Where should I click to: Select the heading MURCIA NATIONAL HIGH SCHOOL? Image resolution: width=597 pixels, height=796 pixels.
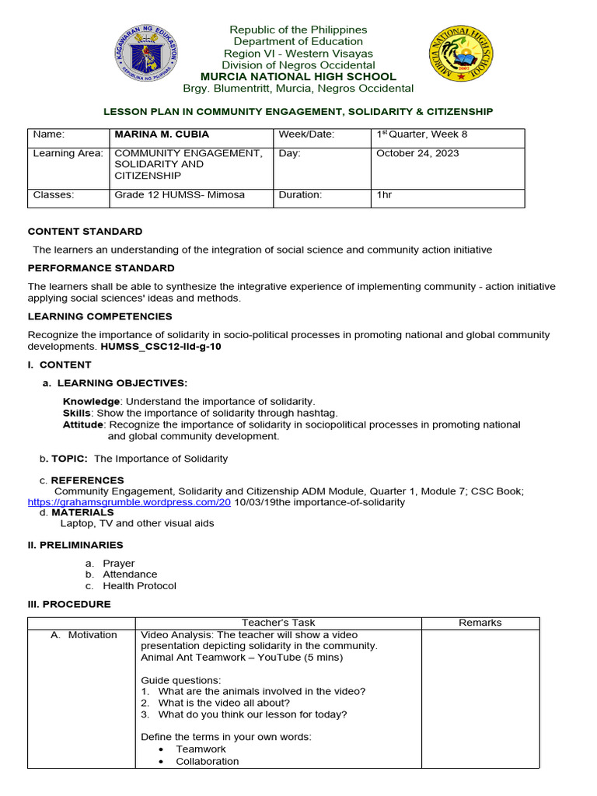click(x=298, y=77)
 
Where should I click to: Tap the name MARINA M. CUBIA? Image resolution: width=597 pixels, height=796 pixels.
click(x=161, y=134)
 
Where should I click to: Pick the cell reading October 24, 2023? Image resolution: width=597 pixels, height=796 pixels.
click(x=417, y=153)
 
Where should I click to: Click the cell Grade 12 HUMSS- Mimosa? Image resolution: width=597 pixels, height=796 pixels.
click(x=180, y=195)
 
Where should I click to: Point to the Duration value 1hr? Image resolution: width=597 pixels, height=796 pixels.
click(x=384, y=195)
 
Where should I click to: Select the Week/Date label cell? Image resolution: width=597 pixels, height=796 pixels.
click(x=306, y=134)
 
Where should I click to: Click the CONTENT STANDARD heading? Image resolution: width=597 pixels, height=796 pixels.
click(x=86, y=232)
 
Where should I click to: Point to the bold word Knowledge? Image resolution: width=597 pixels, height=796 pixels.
click(x=92, y=401)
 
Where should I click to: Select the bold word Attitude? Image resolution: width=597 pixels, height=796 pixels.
click(x=83, y=425)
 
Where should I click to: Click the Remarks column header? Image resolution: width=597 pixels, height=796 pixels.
click(x=480, y=623)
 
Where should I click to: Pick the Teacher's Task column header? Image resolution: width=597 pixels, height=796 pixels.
click(x=278, y=623)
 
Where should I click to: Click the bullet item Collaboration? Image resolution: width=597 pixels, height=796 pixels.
click(x=207, y=762)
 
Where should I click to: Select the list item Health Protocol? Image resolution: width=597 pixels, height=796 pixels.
click(x=139, y=586)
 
